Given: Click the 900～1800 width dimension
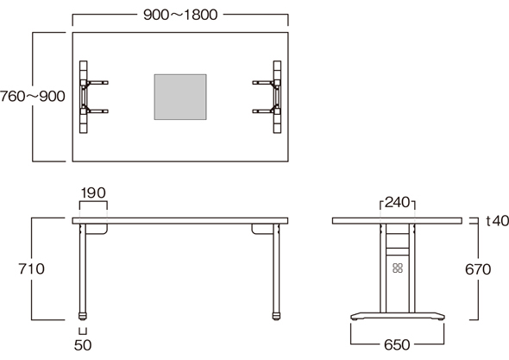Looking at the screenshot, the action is (180, 15).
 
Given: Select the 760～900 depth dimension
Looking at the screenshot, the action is (33, 97).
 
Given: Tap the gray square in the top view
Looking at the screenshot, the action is (180, 97).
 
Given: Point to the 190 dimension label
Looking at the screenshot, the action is (93, 193).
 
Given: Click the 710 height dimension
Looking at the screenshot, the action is (31, 269).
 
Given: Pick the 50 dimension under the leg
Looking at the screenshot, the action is (83, 345).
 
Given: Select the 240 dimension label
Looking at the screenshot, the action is (398, 203).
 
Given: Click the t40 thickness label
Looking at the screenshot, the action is (497, 221).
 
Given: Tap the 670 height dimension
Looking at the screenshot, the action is (478, 269).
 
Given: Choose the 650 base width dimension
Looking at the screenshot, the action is (397, 344).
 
